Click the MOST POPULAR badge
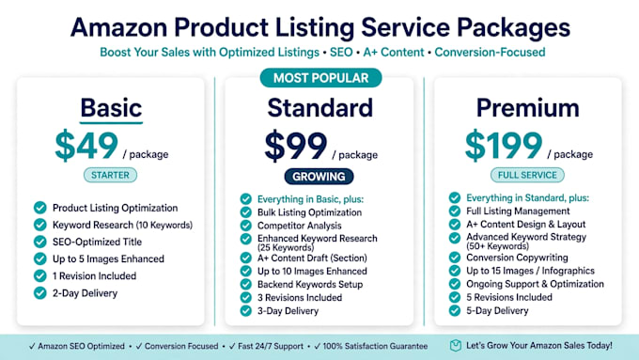point(320,78)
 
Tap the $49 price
point(86,145)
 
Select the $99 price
point(295,146)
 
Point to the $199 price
point(504,145)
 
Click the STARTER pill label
point(110,175)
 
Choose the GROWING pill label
point(319,177)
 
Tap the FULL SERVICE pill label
point(527,175)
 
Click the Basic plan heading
point(111,108)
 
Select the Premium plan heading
point(528,108)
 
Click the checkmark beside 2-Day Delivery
point(39,292)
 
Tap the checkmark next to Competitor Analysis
point(246,226)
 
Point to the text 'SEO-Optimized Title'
point(97,242)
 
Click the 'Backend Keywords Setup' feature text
point(310,284)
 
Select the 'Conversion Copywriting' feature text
point(517,258)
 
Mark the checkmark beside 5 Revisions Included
point(455,297)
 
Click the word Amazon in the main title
point(118,27)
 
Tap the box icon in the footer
point(455,346)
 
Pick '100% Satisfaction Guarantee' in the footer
point(375,346)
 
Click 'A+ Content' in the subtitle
point(394,53)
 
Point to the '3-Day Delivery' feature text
point(288,311)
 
